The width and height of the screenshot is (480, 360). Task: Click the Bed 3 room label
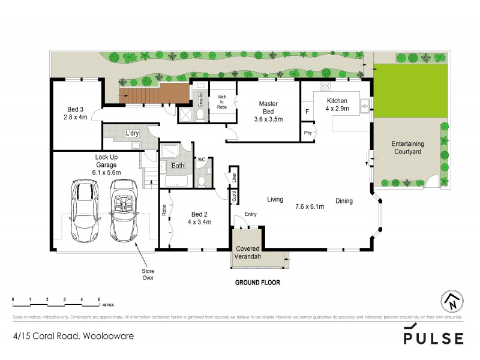77,113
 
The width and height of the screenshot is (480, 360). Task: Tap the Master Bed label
268,112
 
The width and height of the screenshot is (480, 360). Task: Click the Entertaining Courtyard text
409,148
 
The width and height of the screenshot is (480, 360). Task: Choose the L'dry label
131,133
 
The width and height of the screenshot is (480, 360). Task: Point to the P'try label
308,133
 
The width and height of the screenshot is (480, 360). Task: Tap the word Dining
344,201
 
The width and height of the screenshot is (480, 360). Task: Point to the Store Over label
148,274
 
